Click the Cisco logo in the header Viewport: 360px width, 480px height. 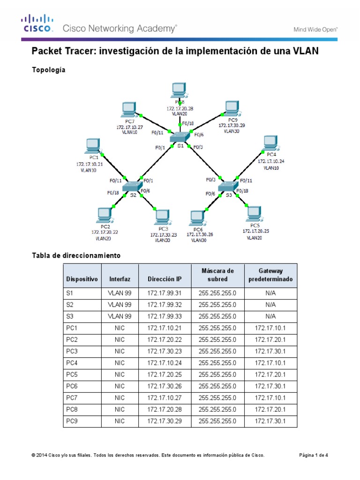click(37, 23)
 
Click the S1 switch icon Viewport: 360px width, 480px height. click(179, 136)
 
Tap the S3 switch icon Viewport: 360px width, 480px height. click(228, 187)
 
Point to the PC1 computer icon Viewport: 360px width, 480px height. click(92, 146)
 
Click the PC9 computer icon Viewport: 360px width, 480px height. click(231, 109)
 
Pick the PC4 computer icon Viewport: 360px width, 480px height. click(270, 143)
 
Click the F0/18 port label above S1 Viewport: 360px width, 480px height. click(187, 124)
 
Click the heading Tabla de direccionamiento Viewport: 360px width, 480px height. click(76, 255)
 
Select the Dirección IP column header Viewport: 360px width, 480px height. click(164, 279)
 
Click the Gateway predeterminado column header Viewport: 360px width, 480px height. click(271, 275)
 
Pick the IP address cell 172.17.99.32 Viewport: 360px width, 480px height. click(164, 305)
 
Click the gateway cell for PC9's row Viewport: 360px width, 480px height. click(271, 422)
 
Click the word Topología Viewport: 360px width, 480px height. click(48, 70)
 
